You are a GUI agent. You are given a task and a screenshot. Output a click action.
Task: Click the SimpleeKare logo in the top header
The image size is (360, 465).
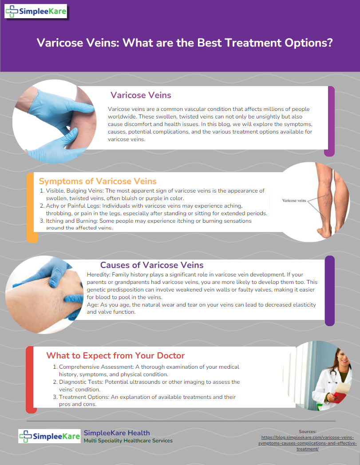[x=36, y=12]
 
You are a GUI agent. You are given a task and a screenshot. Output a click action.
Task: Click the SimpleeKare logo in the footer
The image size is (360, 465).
[x=49, y=436]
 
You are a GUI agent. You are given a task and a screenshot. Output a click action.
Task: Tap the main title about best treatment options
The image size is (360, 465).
[x=185, y=43]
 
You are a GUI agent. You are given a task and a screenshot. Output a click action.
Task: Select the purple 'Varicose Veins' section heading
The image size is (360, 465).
[x=141, y=95]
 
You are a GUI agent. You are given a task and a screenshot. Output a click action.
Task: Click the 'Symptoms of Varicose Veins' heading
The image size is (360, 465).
[x=98, y=181]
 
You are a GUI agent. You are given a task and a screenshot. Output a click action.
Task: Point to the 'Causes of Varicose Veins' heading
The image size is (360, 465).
[x=152, y=265]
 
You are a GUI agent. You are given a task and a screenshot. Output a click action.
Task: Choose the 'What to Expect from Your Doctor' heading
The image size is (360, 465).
[x=115, y=355]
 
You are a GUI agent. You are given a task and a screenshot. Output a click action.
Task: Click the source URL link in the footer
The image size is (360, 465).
[x=308, y=443]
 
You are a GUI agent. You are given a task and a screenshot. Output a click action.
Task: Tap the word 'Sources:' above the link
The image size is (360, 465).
[x=308, y=431]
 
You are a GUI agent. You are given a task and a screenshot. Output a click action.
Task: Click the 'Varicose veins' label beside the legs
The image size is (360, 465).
[x=294, y=201]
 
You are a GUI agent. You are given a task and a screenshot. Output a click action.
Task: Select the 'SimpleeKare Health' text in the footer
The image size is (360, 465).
[x=117, y=433]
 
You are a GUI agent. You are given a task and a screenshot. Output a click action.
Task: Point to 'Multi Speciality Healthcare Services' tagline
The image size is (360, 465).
[x=128, y=441]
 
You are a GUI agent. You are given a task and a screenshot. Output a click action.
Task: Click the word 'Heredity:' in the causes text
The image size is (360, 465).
[x=99, y=275]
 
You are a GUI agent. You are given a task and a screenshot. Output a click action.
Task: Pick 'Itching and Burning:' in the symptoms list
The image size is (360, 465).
[x=72, y=221]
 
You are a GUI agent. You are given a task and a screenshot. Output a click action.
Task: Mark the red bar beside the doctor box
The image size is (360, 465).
[x=30, y=380]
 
